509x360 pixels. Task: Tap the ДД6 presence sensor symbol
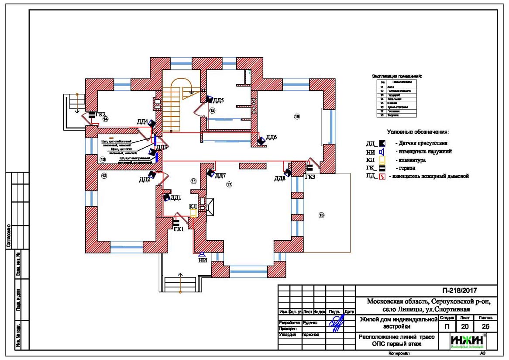click(x=261, y=141)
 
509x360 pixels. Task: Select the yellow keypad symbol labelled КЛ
click(x=193, y=213)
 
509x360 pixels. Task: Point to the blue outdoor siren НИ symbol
click(x=202, y=254)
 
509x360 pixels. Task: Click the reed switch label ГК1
click(x=178, y=229)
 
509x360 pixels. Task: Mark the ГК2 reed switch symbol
click(x=92, y=116)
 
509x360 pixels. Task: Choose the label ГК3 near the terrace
click(x=310, y=177)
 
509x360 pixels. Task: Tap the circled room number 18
click(x=322, y=215)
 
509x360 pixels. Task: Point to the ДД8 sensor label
click(x=280, y=178)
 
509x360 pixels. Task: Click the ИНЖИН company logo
click(x=467, y=341)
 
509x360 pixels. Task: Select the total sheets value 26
click(x=485, y=326)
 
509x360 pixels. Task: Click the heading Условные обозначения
click(x=418, y=132)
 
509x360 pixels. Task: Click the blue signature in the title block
click(x=336, y=324)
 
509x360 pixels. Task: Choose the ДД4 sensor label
click(x=142, y=121)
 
